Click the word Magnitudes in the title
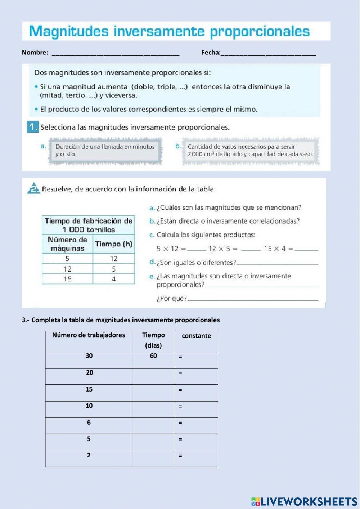[68, 32]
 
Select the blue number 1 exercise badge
[32, 127]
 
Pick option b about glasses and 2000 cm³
[250, 151]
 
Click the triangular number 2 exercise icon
[33, 189]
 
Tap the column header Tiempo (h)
[114, 244]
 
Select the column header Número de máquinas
[67, 244]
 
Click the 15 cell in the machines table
[67, 279]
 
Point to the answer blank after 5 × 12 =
[197, 249]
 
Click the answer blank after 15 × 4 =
[309, 249]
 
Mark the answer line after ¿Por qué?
[253, 299]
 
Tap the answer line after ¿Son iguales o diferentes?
[277, 264]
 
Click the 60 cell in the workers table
[153, 356]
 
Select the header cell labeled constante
[196, 336]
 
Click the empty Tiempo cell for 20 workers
[153, 376]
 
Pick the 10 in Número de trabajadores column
[89, 406]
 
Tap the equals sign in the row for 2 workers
[180, 456]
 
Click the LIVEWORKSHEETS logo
[304, 501]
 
